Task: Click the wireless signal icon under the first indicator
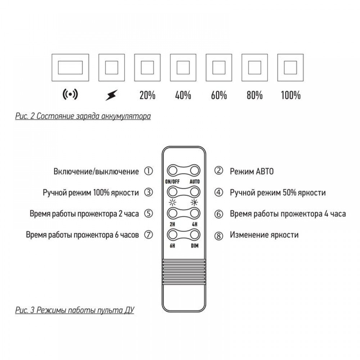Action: [70, 94]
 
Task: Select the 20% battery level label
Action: [147, 95]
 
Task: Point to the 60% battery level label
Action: [219, 95]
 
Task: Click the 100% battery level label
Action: [291, 95]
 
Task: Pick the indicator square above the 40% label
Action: [183, 68]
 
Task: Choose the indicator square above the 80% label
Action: [255, 68]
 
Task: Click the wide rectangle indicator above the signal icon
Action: [70, 68]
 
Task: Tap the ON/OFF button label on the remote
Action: [172, 181]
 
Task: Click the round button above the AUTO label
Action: [194, 171]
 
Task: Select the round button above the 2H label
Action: [172, 213]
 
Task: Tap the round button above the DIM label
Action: [194, 235]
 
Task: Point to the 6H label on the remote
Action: [172, 246]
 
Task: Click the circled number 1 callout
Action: [148, 171]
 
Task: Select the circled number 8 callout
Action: [219, 235]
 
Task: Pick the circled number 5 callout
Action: [148, 213]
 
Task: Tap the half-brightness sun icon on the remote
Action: [194, 202]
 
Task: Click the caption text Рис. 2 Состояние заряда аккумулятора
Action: [83, 116]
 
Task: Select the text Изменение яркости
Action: [264, 235]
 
